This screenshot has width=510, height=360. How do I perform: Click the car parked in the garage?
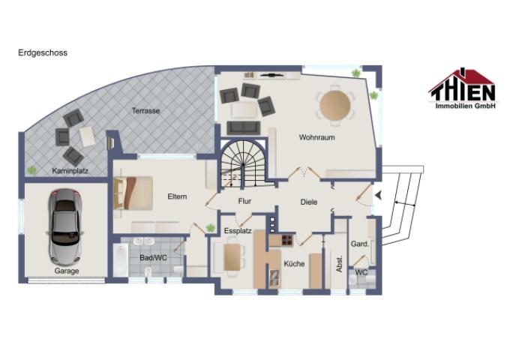(65, 227)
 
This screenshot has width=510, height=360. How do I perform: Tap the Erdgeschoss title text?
(43, 52)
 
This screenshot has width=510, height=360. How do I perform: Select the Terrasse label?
(145, 110)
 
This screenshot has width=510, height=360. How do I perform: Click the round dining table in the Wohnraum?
(335, 105)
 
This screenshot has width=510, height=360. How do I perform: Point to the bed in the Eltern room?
(133, 193)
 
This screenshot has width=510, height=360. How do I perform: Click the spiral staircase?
(243, 164)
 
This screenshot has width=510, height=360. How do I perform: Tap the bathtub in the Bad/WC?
(121, 260)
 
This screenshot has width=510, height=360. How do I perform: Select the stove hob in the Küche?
(287, 240)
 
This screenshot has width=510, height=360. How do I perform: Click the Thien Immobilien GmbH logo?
(463, 88)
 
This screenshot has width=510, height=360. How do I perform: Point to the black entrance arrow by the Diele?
(378, 195)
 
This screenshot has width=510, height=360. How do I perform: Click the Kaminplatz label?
(70, 171)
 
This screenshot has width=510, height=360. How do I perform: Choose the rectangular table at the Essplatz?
(232, 257)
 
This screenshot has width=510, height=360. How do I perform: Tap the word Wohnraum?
(316, 137)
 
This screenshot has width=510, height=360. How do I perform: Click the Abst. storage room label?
(339, 264)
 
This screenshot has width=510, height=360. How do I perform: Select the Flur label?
(244, 201)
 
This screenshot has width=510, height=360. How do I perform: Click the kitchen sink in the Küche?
(274, 279)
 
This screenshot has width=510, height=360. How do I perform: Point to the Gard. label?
(360, 244)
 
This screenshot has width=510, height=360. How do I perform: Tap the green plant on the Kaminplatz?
(31, 170)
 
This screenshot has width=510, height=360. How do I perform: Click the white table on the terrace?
(87, 136)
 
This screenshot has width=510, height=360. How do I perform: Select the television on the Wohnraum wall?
(272, 76)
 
